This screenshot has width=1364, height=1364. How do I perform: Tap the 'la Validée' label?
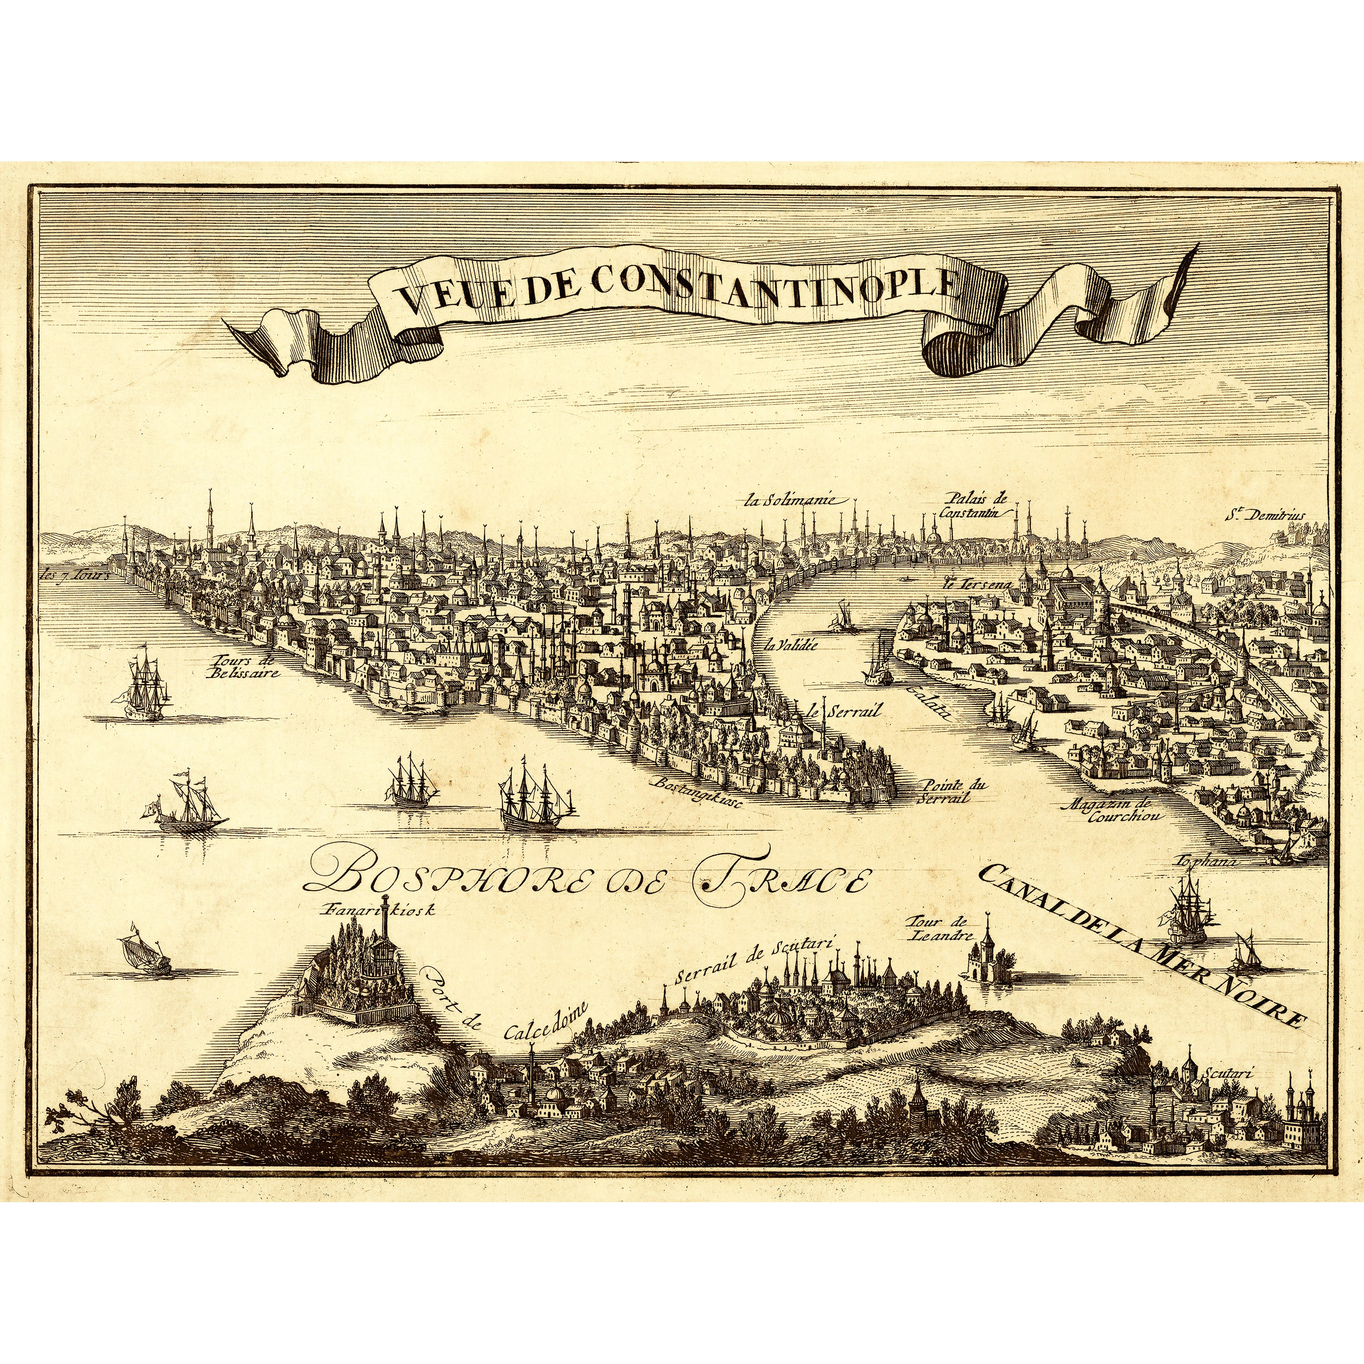coord(794,644)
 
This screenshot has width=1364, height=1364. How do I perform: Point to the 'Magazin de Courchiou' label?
coord(1114,811)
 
